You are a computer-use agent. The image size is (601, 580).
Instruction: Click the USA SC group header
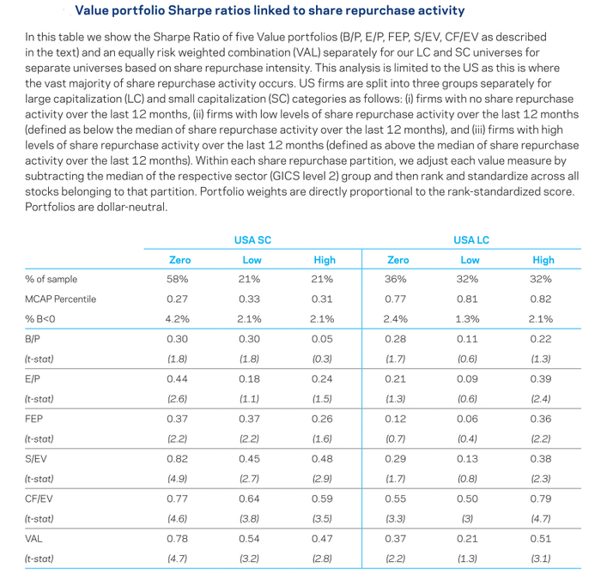click(252, 240)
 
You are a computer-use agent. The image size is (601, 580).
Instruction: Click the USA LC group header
click(471, 240)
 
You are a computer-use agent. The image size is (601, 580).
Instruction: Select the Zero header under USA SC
click(179, 260)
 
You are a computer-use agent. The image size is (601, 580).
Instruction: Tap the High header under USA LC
click(543, 260)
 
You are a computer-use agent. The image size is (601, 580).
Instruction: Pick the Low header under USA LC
click(470, 260)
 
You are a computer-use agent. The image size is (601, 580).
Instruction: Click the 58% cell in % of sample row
click(177, 279)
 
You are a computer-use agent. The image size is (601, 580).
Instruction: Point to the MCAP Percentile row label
click(61, 299)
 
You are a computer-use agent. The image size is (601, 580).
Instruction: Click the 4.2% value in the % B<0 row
click(177, 319)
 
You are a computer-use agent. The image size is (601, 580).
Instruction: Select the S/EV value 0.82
click(177, 459)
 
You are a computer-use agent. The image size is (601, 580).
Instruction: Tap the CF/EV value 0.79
click(540, 498)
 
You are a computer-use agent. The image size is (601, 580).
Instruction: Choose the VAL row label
click(33, 539)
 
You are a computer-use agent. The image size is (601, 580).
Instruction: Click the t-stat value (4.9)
click(177, 479)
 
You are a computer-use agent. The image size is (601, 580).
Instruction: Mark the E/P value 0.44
click(177, 379)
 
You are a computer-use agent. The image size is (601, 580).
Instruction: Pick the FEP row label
click(33, 419)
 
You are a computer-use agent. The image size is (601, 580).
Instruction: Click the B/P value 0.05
click(322, 339)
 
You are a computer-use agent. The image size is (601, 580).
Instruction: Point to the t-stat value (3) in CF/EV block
click(467, 519)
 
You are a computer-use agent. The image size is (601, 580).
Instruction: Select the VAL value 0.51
click(540, 539)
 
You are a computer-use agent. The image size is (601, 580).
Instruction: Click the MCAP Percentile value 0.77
click(395, 299)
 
